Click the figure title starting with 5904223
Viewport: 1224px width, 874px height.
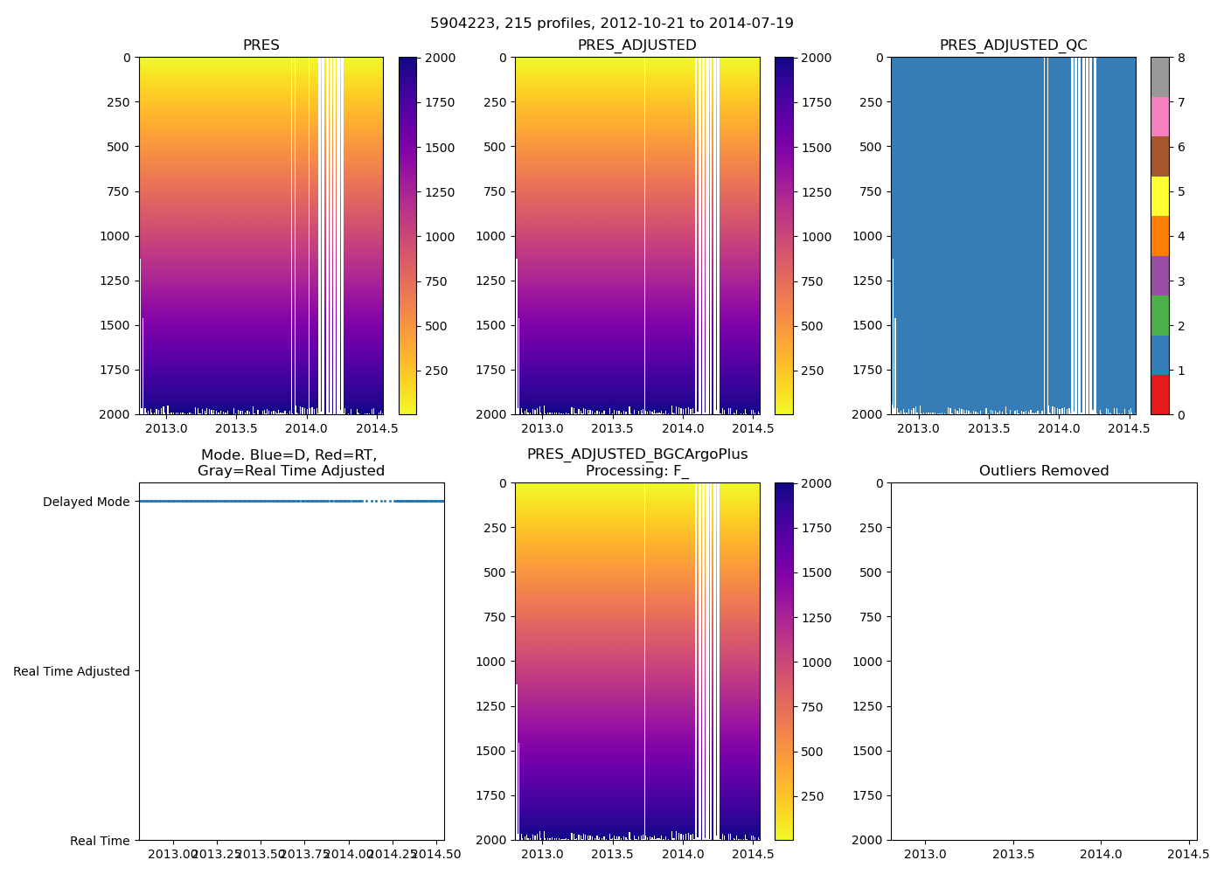pos(612,24)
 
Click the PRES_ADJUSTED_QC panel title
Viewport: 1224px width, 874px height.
pos(1013,45)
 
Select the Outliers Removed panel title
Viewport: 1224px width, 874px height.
pos(1044,471)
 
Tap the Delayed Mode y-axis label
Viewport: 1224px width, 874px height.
pos(86,502)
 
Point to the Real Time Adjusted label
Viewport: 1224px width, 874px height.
pos(72,671)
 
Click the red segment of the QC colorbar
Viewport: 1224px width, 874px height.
pos(1160,394)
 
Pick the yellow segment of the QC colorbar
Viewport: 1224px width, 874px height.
pos(1160,196)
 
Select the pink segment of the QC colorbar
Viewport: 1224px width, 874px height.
pos(1160,116)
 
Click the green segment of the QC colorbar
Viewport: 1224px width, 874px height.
pos(1160,315)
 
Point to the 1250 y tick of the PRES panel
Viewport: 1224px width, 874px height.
pos(115,281)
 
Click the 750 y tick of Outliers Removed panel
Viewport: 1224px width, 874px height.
pos(868,617)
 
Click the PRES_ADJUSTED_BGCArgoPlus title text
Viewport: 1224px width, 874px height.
pos(637,454)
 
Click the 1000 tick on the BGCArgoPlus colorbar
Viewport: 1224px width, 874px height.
pos(813,662)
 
